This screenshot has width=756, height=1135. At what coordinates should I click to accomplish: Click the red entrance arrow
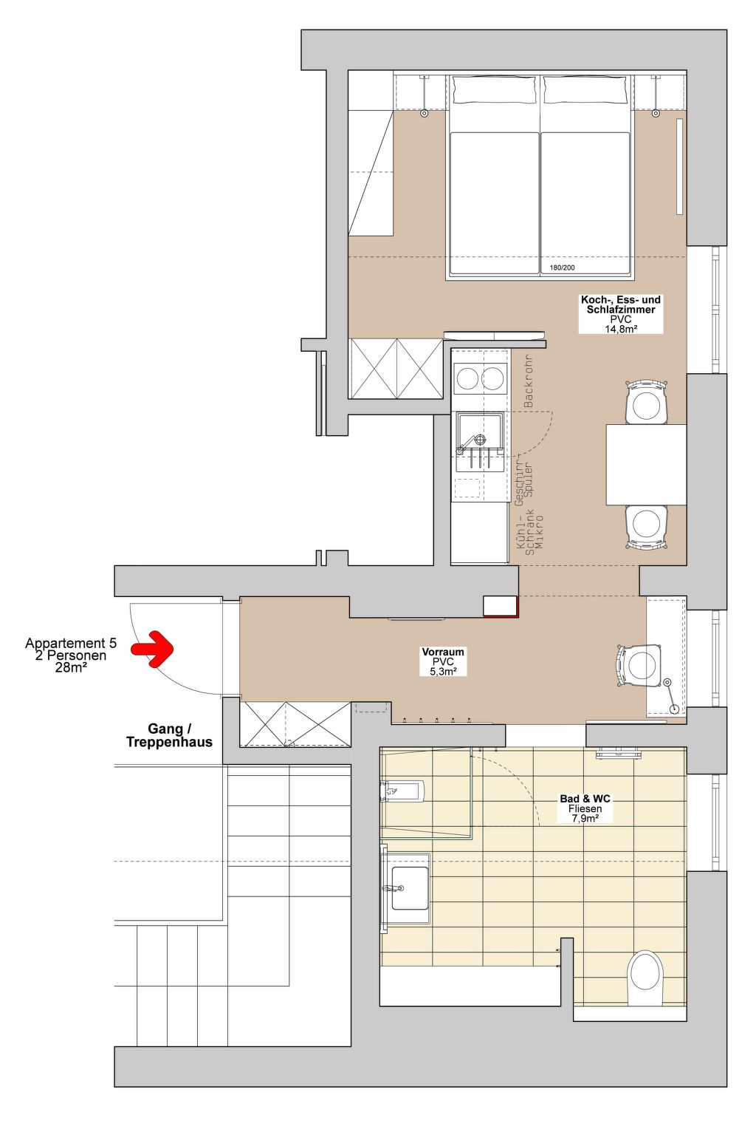(153, 649)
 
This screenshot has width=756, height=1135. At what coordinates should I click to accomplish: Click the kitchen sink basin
(479, 434)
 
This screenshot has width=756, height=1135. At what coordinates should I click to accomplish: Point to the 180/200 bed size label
(562, 267)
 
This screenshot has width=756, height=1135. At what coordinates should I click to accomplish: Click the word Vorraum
(443, 652)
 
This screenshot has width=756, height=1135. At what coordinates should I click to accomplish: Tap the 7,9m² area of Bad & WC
(585, 818)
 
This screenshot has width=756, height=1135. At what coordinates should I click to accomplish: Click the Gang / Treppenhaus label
(169, 735)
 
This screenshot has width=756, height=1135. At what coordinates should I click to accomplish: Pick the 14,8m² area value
(620, 328)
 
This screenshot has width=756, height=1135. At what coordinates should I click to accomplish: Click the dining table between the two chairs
(646, 464)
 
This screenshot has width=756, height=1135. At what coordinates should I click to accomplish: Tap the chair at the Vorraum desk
(639, 665)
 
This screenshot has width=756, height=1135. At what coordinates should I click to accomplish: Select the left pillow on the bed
(494, 90)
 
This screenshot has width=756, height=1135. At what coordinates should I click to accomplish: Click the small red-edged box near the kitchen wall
(501, 607)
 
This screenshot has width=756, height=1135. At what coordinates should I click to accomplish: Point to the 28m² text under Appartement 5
(71, 667)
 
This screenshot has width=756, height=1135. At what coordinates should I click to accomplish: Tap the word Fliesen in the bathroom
(585, 808)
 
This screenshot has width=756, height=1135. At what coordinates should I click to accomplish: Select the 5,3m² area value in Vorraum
(443, 672)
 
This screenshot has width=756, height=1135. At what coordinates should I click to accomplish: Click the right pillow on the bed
(586, 90)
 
